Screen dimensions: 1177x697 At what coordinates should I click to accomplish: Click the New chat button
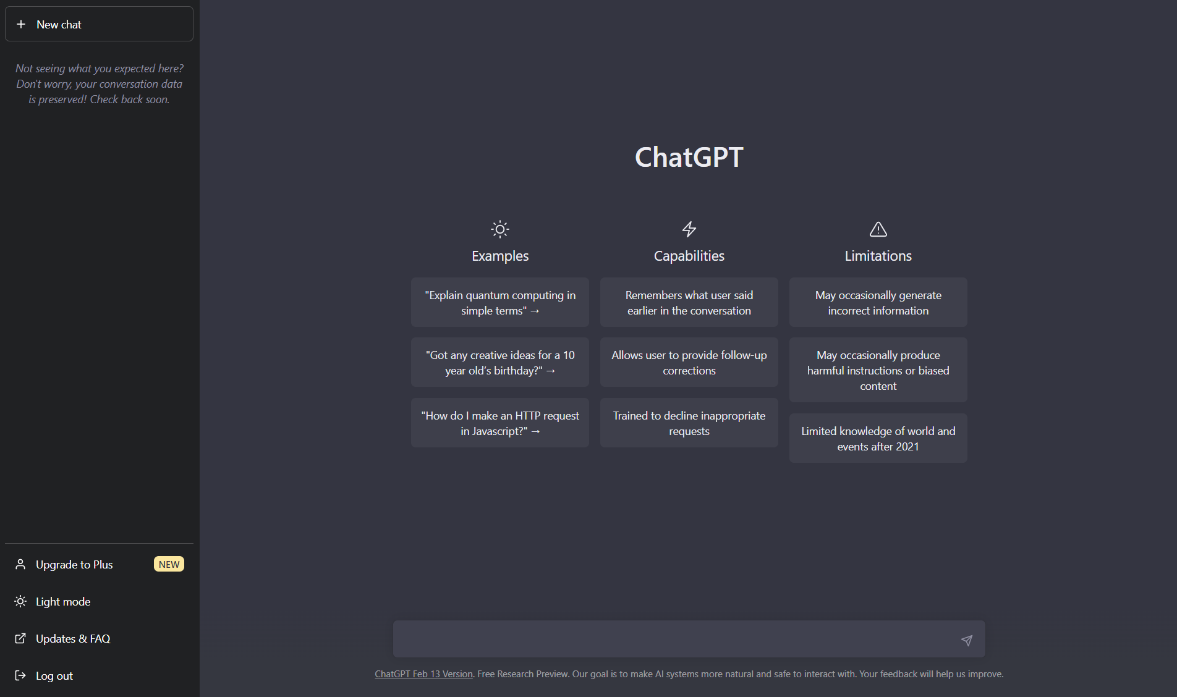click(99, 24)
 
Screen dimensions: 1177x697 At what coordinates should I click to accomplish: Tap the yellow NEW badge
click(169, 564)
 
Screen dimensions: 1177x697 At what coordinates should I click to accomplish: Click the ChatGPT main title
click(689, 157)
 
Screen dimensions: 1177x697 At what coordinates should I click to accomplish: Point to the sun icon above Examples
click(500, 229)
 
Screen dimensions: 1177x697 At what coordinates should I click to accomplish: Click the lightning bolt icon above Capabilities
click(689, 229)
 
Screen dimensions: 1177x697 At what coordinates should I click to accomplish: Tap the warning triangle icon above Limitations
click(878, 229)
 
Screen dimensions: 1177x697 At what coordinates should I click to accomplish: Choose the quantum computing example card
click(500, 303)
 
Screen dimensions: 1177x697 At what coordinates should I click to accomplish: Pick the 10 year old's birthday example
click(500, 363)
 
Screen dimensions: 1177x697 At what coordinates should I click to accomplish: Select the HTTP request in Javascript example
click(500, 423)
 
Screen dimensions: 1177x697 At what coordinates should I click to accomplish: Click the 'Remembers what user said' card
click(689, 303)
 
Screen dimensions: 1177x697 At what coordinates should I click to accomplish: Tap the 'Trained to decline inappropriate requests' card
click(689, 423)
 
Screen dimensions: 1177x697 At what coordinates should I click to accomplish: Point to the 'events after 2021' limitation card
click(878, 439)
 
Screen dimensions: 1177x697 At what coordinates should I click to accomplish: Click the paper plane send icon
click(967, 640)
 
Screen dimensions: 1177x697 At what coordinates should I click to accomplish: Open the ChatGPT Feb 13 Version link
click(423, 674)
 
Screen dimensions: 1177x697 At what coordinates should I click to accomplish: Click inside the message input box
click(674, 640)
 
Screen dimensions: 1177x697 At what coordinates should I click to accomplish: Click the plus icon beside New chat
click(21, 24)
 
